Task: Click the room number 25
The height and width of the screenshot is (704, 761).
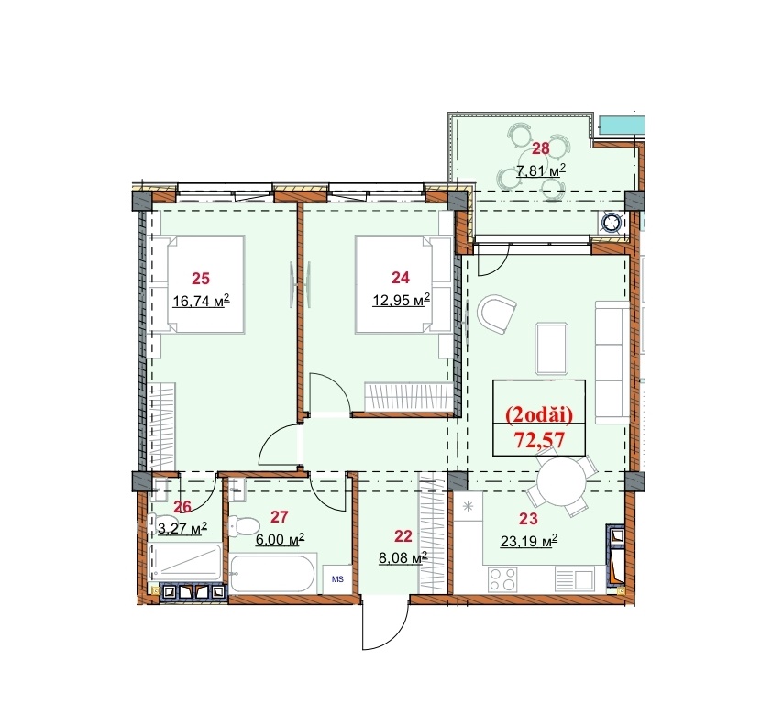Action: click(x=201, y=279)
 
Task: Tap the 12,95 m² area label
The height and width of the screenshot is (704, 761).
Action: click(x=401, y=301)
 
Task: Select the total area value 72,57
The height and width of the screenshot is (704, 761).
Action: click(x=539, y=440)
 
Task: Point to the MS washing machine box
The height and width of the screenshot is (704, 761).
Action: click(x=337, y=579)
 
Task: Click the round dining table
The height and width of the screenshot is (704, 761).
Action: click(x=561, y=484)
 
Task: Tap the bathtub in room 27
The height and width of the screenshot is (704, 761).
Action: click(x=273, y=574)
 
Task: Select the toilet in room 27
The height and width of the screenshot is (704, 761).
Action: click(x=244, y=526)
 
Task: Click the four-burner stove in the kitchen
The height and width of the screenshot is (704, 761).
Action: click(x=502, y=579)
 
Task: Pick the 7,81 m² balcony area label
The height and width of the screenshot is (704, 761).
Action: click(x=541, y=170)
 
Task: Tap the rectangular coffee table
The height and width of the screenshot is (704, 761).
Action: click(x=552, y=348)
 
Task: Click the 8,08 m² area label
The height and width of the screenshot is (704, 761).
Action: click(x=403, y=557)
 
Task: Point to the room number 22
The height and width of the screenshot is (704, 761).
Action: click(x=403, y=536)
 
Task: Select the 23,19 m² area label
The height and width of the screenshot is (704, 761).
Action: click(x=528, y=541)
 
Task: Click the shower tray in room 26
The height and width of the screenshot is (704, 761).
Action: click(x=185, y=562)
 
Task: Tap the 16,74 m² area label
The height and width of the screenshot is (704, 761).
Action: click(x=201, y=302)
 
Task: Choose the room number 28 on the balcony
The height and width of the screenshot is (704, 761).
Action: click(x=541, y=148)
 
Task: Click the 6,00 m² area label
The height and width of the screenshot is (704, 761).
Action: click(x=280, y=539)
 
